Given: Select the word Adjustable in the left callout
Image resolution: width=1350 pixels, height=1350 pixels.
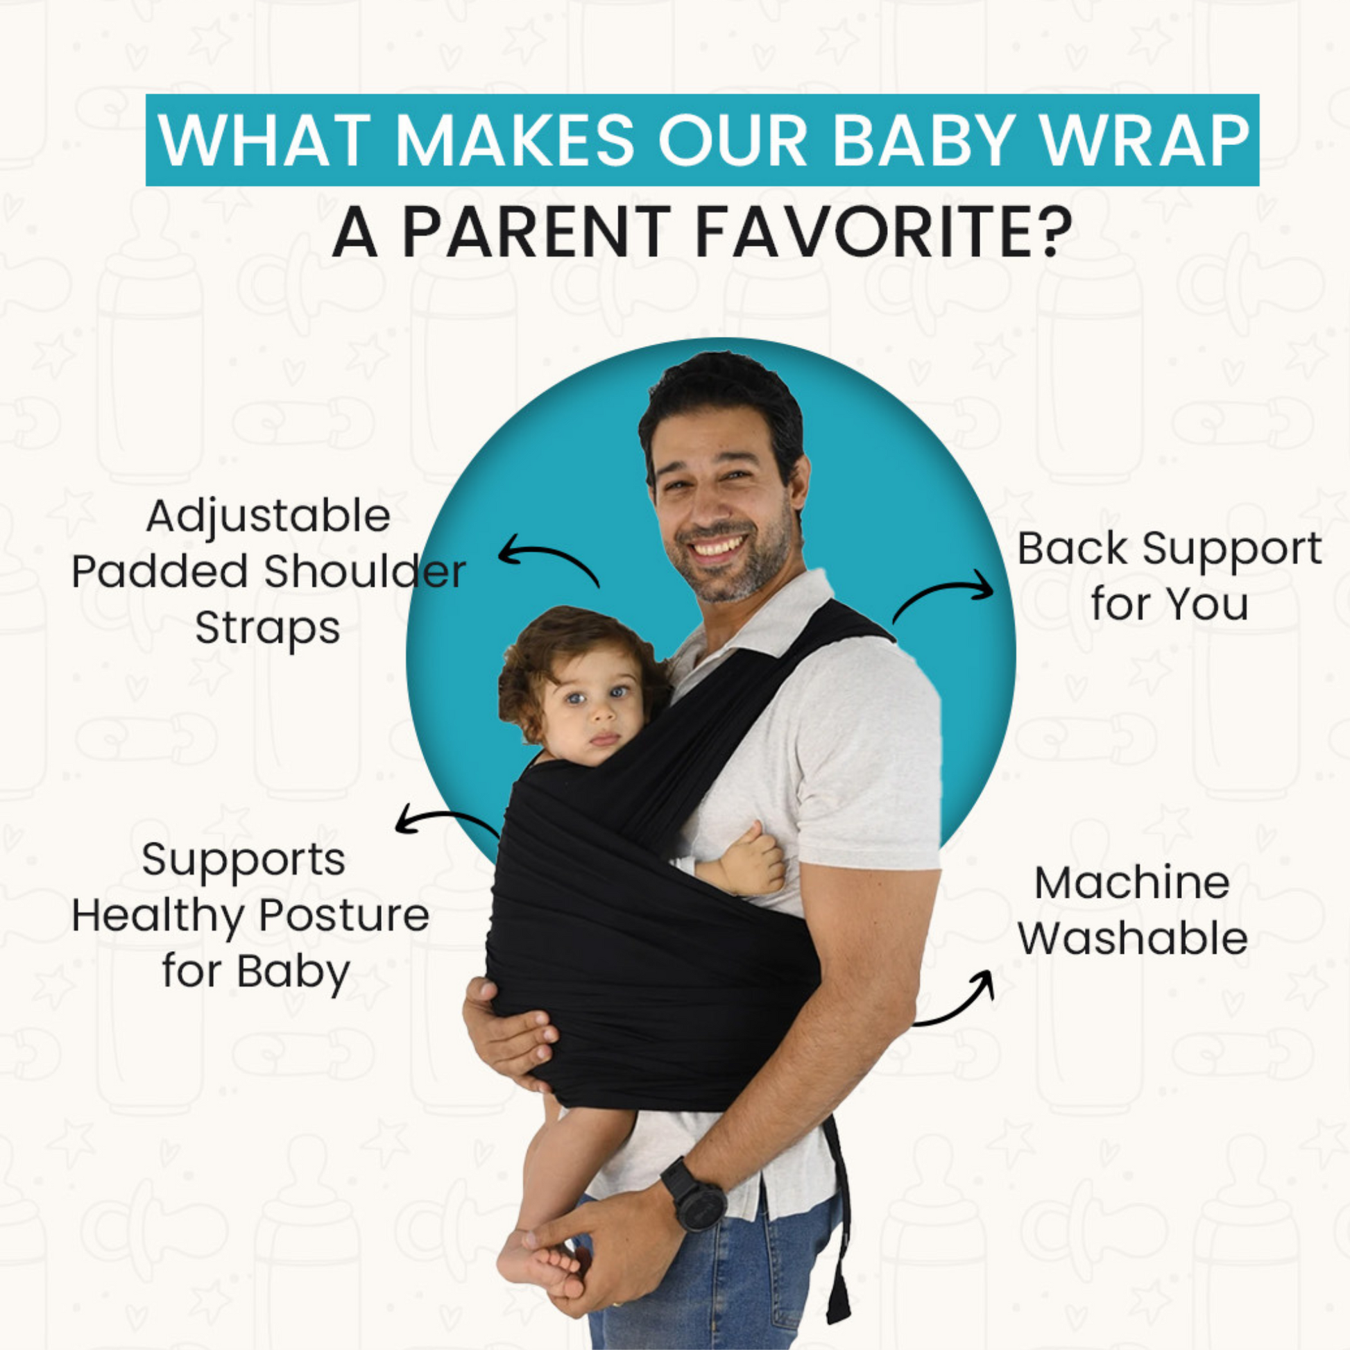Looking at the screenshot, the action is tap(268, 518).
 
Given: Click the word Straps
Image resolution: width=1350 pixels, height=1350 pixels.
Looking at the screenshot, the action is tap(268, 628).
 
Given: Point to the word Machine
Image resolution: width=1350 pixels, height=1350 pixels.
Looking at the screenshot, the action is tap(1132, 882).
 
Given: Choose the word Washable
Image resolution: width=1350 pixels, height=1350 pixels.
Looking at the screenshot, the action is tap(1132, 938).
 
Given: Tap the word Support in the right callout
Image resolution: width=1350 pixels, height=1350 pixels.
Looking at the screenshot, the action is tap(1232, 550).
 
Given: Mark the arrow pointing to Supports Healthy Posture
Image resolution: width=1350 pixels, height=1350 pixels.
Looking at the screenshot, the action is tap(447, 818).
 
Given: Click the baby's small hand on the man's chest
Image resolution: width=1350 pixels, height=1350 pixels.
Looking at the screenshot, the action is tap(751, 861).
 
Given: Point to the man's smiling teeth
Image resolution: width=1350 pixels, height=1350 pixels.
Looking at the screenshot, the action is tap(718, 546).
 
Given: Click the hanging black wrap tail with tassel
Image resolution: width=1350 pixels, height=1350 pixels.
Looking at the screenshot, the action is tap(837, 1223).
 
